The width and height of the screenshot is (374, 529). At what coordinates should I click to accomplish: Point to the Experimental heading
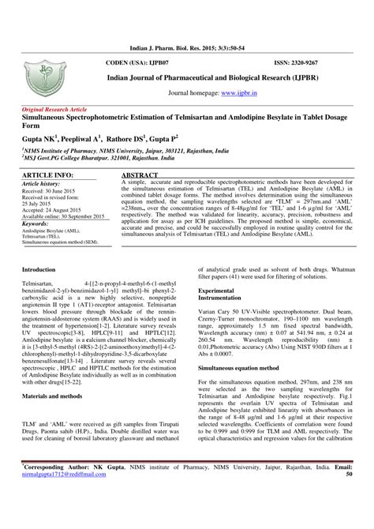point(220,293)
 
